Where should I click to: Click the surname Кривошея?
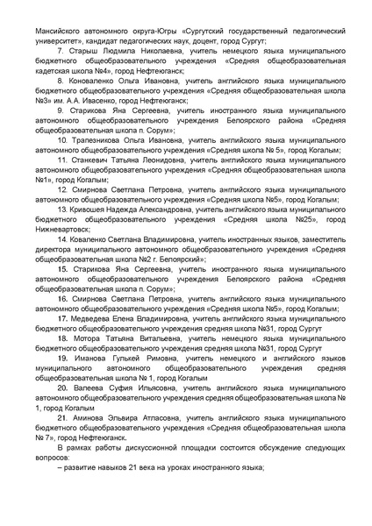tap(96, 210)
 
